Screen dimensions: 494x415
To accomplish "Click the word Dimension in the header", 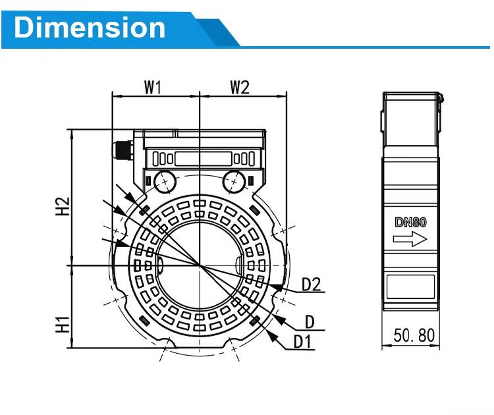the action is (x=90, y=28).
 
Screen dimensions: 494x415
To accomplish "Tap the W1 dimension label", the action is (x=153, y=88).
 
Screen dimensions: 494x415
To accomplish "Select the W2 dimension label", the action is (x=240, y=88).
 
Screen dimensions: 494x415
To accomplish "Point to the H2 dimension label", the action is (x=63, y=206).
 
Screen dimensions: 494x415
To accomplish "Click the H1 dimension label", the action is (x=63, y=325).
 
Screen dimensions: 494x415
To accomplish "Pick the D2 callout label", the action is (x=312, y=284).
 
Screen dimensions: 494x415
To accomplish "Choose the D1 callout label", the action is (x=302, y=342).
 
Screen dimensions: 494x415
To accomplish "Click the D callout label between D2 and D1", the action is (x=310, y=322).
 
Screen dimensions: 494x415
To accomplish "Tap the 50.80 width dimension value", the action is (x=414, y=335).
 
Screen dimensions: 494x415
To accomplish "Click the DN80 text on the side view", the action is (x=410, y=223).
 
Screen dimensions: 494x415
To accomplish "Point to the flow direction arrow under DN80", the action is (x=410, y=239).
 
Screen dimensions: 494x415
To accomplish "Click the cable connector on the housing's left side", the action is (x=124, y=151).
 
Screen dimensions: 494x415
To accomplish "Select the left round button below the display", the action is (x=165, y=182).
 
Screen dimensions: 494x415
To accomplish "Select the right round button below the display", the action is (x=234, y=182).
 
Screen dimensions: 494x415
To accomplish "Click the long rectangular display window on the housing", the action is (x=204, y=159).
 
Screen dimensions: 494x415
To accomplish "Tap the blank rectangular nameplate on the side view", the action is (x=410, y=287).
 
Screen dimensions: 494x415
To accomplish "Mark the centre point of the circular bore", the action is (x=200, y=265).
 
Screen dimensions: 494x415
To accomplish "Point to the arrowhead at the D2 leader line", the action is (x=277, y=287).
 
